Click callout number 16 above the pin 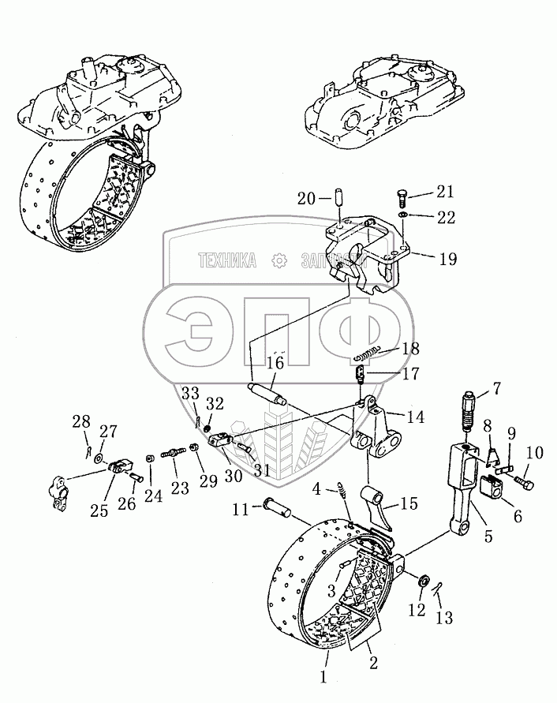274,364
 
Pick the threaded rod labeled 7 469,413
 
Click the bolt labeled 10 523,478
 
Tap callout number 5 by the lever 488,536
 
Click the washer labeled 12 424,581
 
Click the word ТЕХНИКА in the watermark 228,261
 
